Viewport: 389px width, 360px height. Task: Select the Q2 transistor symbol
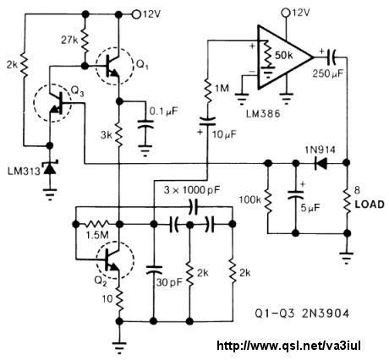pos(115,260)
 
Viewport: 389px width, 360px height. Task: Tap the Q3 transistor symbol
pos(52,103)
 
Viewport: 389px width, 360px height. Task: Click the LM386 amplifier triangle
pos(285,57)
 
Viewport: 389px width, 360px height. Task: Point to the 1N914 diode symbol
pos(321,163)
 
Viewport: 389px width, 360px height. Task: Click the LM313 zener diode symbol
pos(50,168)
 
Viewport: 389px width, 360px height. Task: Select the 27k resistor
pos(85,40)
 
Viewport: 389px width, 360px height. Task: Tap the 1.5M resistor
pos(97,224)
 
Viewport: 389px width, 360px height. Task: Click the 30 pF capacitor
pos(154,270)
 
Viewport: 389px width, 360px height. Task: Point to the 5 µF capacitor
pos(295,195)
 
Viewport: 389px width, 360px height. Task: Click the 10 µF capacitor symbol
pos(208,121)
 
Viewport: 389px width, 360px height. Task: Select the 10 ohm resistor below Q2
pos(119,298)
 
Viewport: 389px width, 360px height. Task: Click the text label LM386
pos(263,113)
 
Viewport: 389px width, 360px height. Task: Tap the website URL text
pos(288,345)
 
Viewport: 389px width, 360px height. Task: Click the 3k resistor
pos(119,134)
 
